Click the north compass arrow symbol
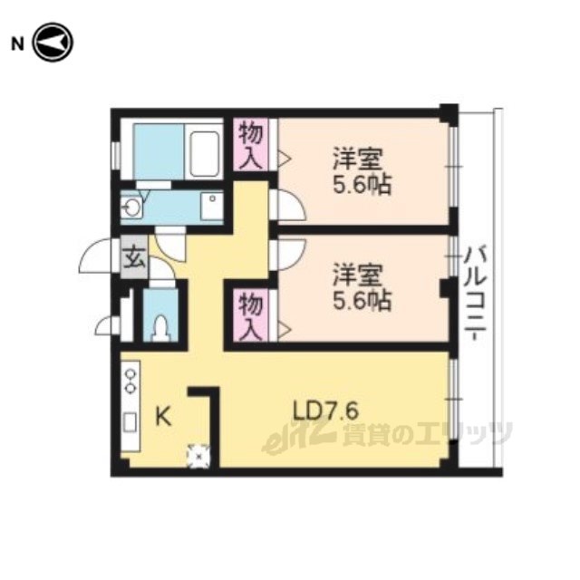coord(53,43)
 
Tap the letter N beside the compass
coord(18,44)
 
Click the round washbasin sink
coord(131,208)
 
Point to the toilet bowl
coord(161,327)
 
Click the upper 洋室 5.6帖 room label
coord(362,171)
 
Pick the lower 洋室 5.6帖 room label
coord(362,286)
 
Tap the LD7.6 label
coord(325,411)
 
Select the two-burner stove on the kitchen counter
coord(130,381)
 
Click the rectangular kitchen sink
coord(130,423)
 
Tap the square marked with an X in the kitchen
coord(199,456)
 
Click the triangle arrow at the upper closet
coord(285,159)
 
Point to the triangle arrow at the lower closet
coord(285,329)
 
